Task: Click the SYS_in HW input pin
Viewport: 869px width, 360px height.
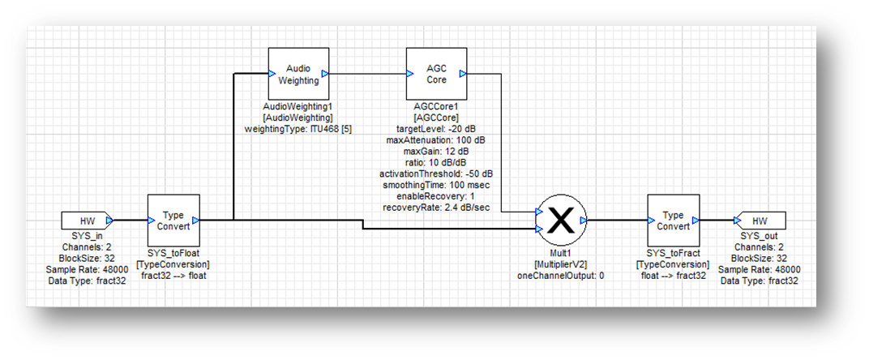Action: (x=86, y=221)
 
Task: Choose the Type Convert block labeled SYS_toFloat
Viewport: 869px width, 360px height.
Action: (x=173, y=221)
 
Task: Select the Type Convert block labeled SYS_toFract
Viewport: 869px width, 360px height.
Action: (x=673, y=221)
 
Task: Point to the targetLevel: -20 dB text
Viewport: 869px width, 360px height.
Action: (x=437, y=129)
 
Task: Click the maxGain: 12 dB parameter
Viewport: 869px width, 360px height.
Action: (x=437, y=152)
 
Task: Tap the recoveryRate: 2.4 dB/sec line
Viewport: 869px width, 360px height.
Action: (x=437, y=208)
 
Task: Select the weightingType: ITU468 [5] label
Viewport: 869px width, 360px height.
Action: (x=298, y=129)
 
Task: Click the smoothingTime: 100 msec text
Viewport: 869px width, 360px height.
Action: (x=437, y=186)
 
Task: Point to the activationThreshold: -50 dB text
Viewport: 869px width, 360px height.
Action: (x=437, y=174)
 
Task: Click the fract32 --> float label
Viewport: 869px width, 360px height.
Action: (x=173, y=276)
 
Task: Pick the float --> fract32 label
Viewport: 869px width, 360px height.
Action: (x=673, y=276)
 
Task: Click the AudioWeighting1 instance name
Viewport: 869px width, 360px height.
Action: (x=298, y=106)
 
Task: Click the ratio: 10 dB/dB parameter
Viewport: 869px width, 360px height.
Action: (x=437, y=163)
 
